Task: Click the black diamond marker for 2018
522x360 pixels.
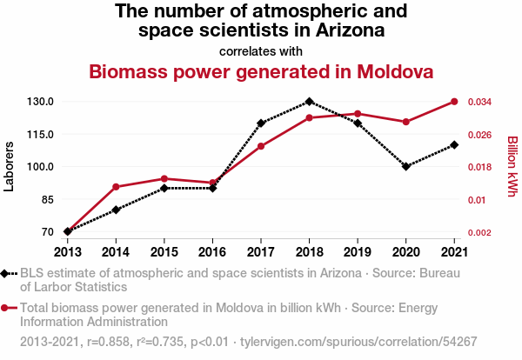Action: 309,102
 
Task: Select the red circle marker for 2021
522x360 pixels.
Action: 454,102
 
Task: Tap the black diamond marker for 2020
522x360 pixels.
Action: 405,166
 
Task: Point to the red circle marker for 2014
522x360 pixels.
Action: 116,187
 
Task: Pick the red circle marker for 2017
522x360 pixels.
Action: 261,146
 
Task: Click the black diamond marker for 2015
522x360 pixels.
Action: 164,188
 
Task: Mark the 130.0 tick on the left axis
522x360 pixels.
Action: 40,102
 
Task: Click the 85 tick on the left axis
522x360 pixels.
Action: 48,200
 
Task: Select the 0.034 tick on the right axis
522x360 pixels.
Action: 479,102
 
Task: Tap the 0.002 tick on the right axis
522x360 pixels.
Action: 479,232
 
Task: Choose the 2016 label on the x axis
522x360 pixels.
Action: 212,252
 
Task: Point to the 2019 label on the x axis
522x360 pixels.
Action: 358,252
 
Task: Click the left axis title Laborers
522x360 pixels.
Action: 9,166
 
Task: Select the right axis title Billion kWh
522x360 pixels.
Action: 512,166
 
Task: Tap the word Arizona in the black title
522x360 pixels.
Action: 351,30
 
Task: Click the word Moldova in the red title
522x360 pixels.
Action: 395,71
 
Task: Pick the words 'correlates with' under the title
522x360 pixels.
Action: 261,51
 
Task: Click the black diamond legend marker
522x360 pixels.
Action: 4,274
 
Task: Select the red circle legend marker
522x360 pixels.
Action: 4,308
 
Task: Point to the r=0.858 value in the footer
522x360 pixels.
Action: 108,342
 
